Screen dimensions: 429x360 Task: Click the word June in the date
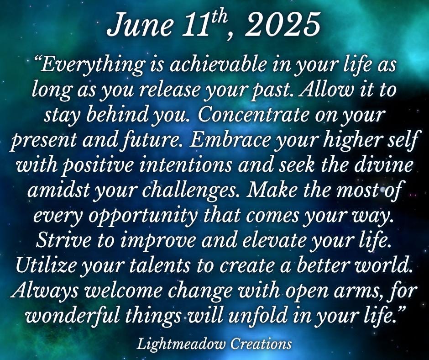tap(140, 26)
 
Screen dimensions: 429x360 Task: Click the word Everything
tap(90, 65)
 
